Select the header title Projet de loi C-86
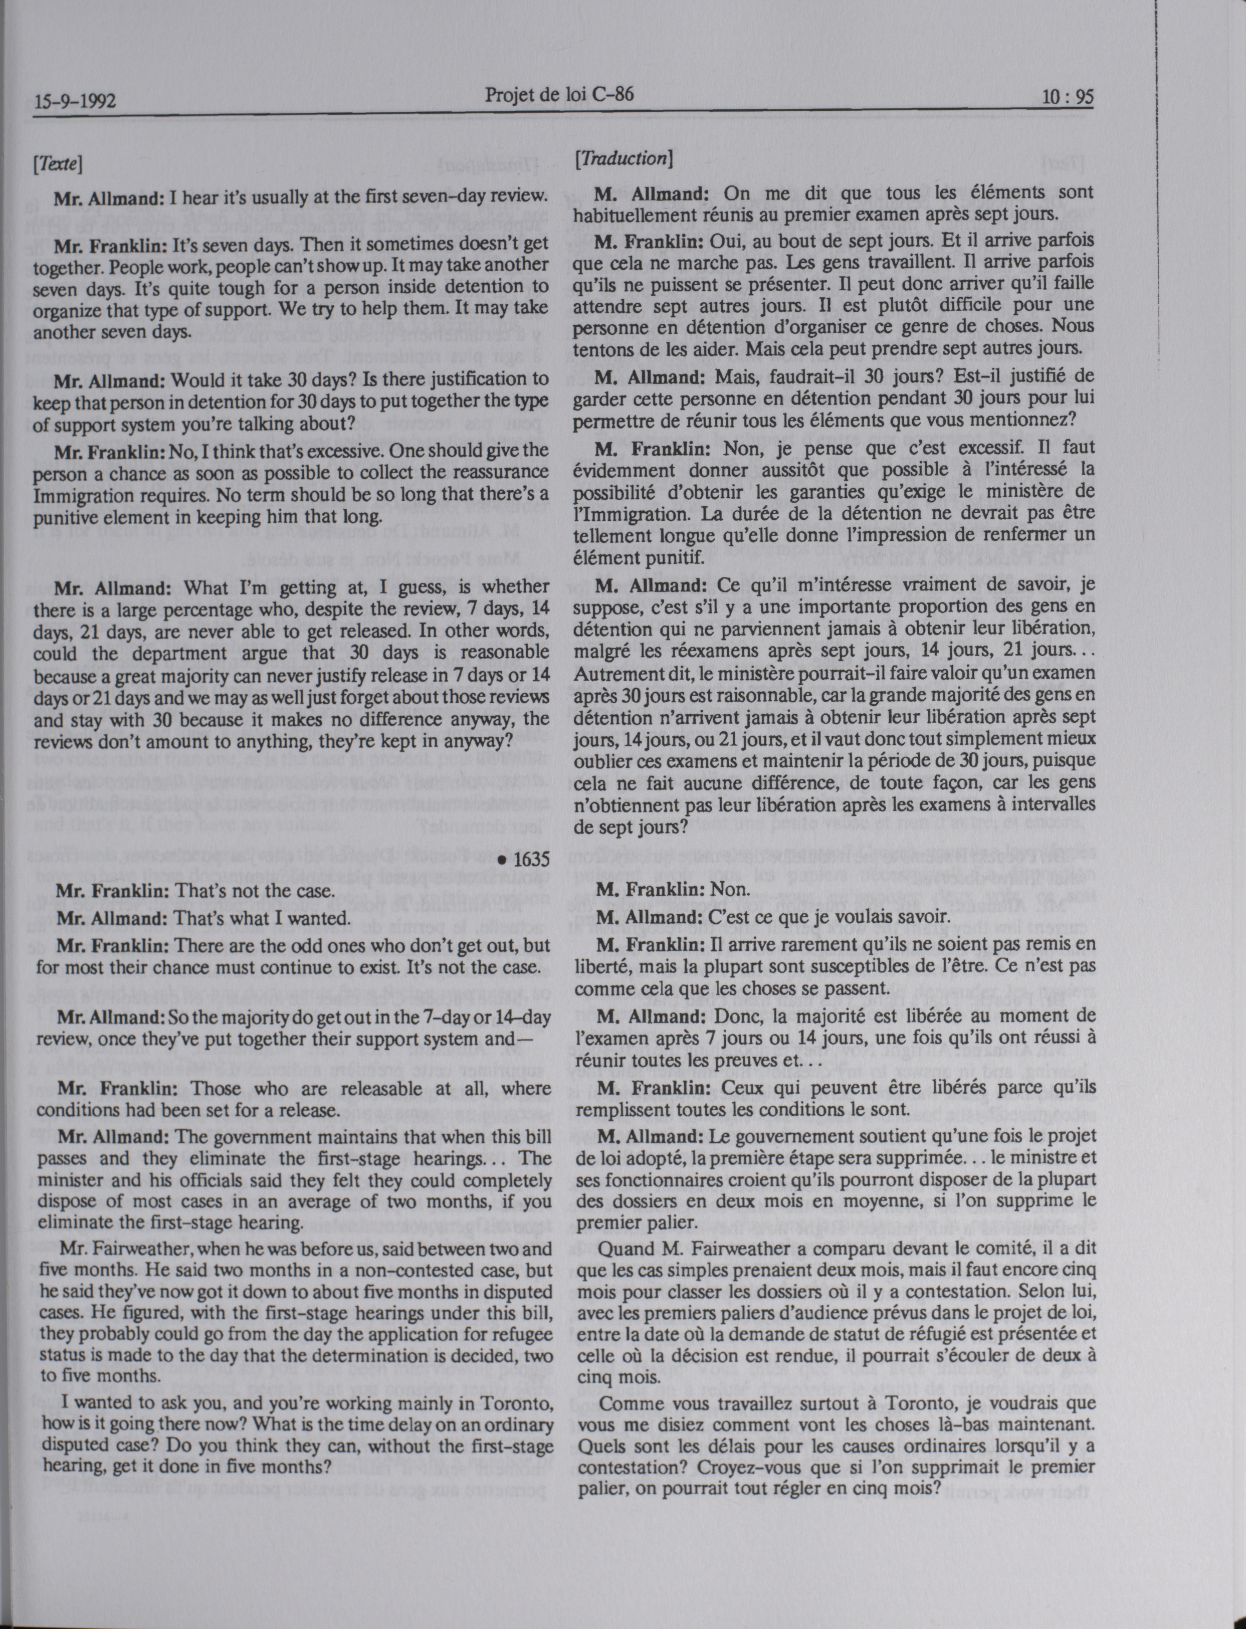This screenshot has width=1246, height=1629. (x=559, y=94)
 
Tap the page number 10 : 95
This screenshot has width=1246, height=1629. (x=1067, y=97)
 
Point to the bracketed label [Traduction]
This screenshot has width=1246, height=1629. (x=624, y=158)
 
